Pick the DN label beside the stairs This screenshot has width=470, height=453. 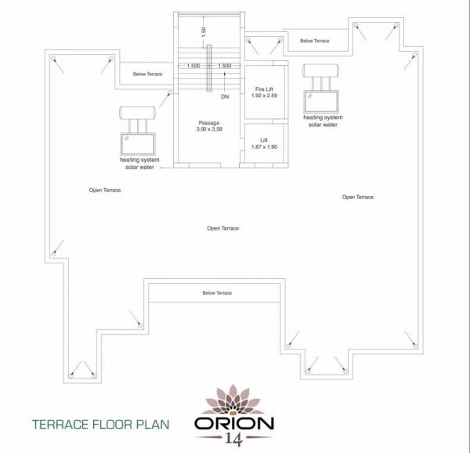225,97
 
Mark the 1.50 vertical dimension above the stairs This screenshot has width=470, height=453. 202,31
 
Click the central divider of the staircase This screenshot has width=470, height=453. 209,79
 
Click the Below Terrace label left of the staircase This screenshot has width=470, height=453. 149,74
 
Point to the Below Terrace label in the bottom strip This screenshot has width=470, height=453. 217,292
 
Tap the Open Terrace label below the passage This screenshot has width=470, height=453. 222,228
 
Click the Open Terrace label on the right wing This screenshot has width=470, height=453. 358,197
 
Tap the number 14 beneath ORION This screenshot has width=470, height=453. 234,440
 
